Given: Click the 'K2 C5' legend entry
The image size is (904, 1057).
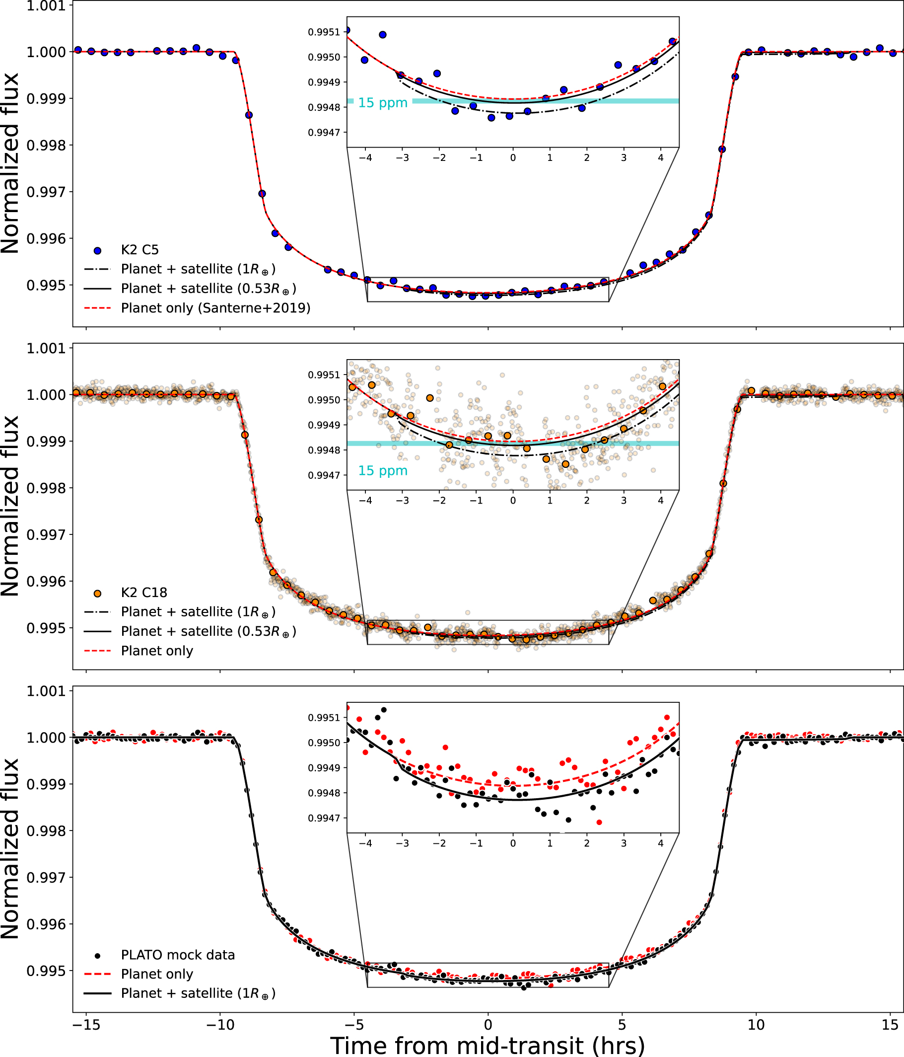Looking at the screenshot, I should [x=139, y=250].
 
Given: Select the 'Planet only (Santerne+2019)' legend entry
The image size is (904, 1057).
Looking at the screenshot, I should [x=215, y=308].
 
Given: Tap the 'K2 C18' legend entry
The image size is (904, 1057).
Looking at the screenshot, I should [x=144, y=593].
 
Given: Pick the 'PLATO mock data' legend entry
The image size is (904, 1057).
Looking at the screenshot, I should [x=177, y=955].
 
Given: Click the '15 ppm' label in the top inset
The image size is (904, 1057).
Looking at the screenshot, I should [x=382, y=103].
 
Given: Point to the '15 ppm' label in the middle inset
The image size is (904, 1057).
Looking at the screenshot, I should [x=382, y=471].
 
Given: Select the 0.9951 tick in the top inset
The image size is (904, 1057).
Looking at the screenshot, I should [x=324, y=32].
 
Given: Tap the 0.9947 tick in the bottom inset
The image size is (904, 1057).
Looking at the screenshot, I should [x=324, y=818].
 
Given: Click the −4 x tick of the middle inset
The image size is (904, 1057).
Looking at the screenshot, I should [x=365, y=501].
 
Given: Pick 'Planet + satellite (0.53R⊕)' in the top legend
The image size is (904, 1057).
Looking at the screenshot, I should [x=208, y=289].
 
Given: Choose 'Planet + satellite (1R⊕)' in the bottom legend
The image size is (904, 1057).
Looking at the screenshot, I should [x=198, y=994].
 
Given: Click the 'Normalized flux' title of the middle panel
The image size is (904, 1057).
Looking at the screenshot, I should [x=10, y=506].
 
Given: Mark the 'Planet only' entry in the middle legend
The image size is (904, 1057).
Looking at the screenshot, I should [x=156, y=651].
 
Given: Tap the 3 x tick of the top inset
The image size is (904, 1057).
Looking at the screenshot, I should [x=624, y=158].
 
